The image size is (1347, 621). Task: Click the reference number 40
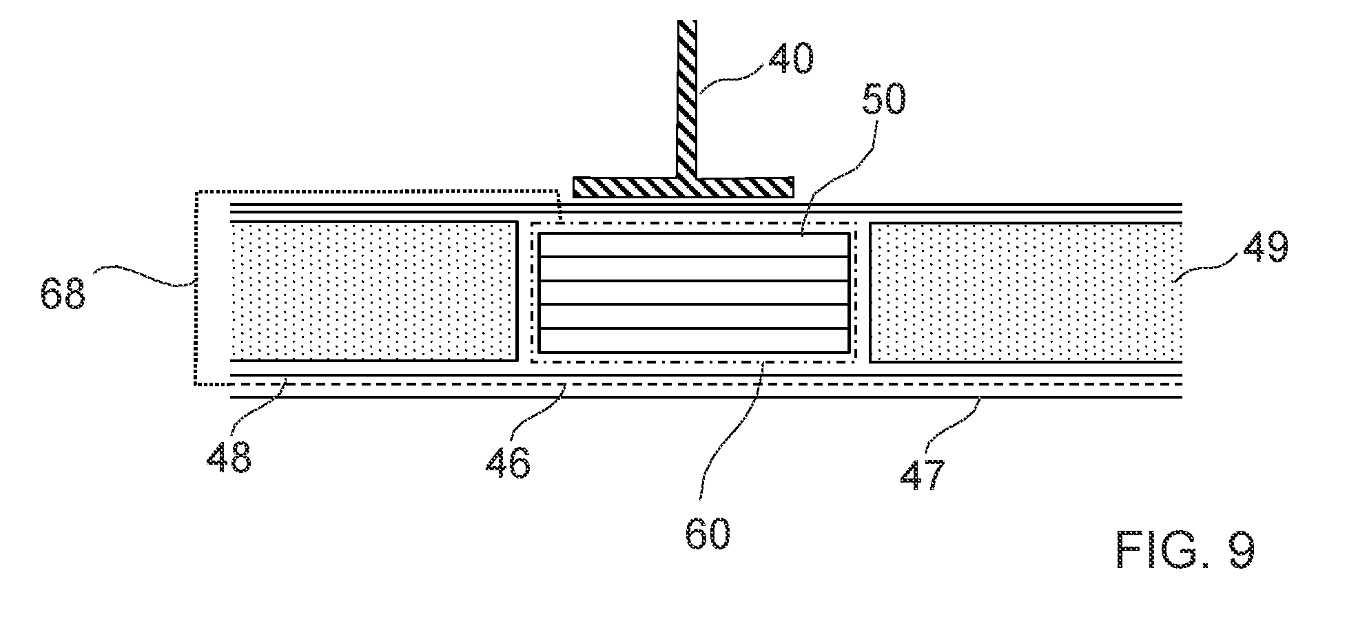pos(790,60)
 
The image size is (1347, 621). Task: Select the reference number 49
pos(1265,247)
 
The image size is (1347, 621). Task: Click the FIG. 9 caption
pos(1185,549)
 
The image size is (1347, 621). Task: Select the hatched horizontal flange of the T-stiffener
pos(684,187)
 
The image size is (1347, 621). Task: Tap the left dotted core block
pos(373,291)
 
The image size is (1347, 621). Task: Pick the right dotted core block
pos(1027,291)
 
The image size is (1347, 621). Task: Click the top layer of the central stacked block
pos(694,245)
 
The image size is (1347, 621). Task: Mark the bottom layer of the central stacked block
pos(694,339)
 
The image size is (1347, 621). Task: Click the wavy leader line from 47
pos(958,425)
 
